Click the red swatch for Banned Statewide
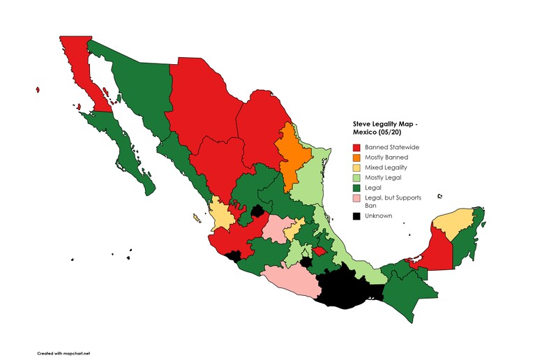356,148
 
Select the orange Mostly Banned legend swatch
356,158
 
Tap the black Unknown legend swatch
356,216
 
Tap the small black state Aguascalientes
257,211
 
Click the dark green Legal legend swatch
356,187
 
